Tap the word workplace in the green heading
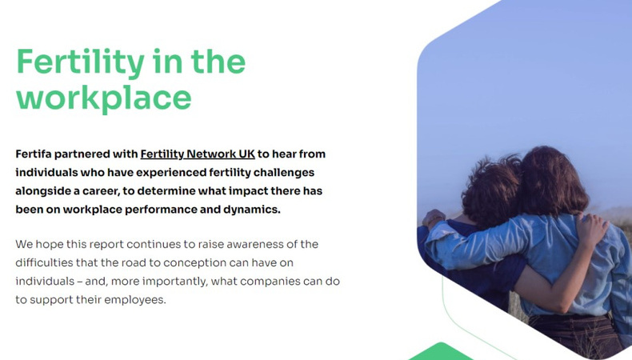tap(104, 98)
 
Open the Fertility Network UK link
tap(198, 154)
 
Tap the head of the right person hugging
tap(552, 180)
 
